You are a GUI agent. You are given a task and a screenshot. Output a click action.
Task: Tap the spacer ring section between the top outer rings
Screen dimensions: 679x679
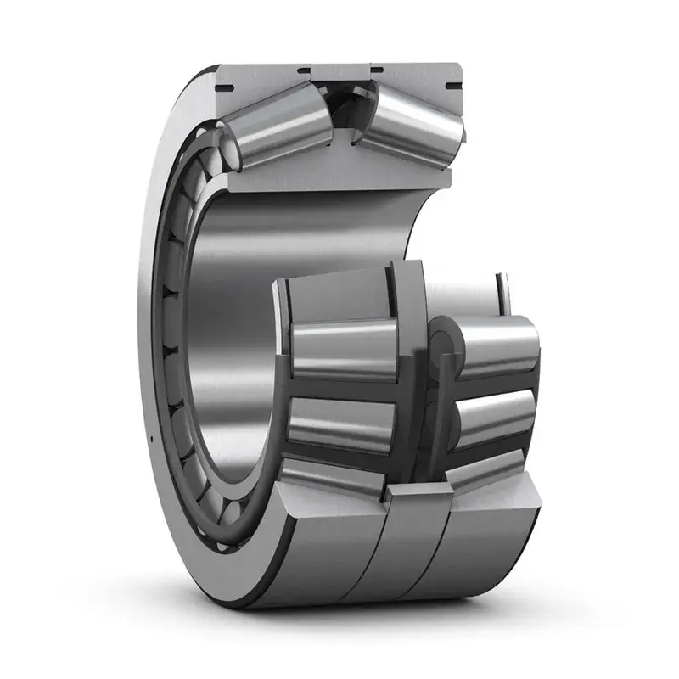[340, 74]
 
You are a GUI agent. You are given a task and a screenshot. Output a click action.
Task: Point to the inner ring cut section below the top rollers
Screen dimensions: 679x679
[339, 174]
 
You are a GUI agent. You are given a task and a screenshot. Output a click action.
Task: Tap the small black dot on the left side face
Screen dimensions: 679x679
[149, 439]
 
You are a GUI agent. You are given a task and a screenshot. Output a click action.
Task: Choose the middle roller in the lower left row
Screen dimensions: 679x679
[339, 422]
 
